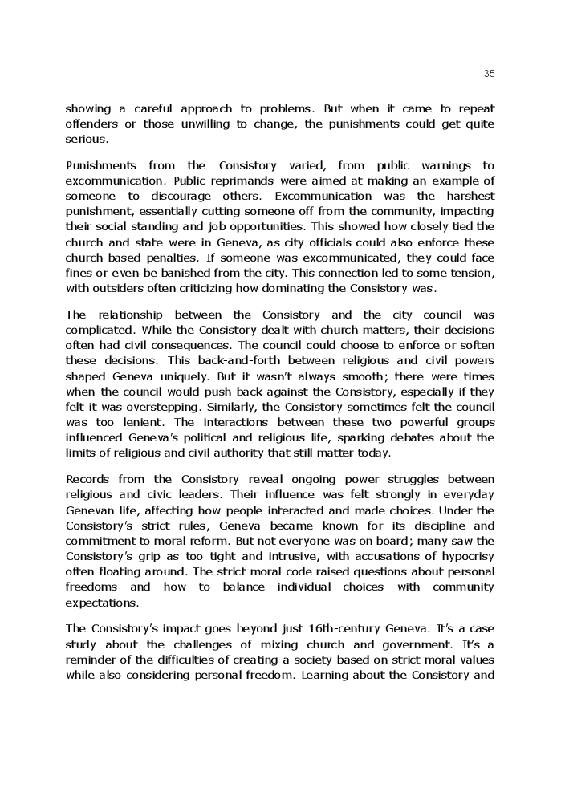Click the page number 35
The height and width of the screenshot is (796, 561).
pos(490,74)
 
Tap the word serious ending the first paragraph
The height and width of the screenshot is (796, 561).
pos(86,139)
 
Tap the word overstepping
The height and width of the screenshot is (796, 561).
pos(146,407)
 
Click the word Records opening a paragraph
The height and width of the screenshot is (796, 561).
pos(89,479)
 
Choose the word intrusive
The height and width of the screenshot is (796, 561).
pos(269,556)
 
